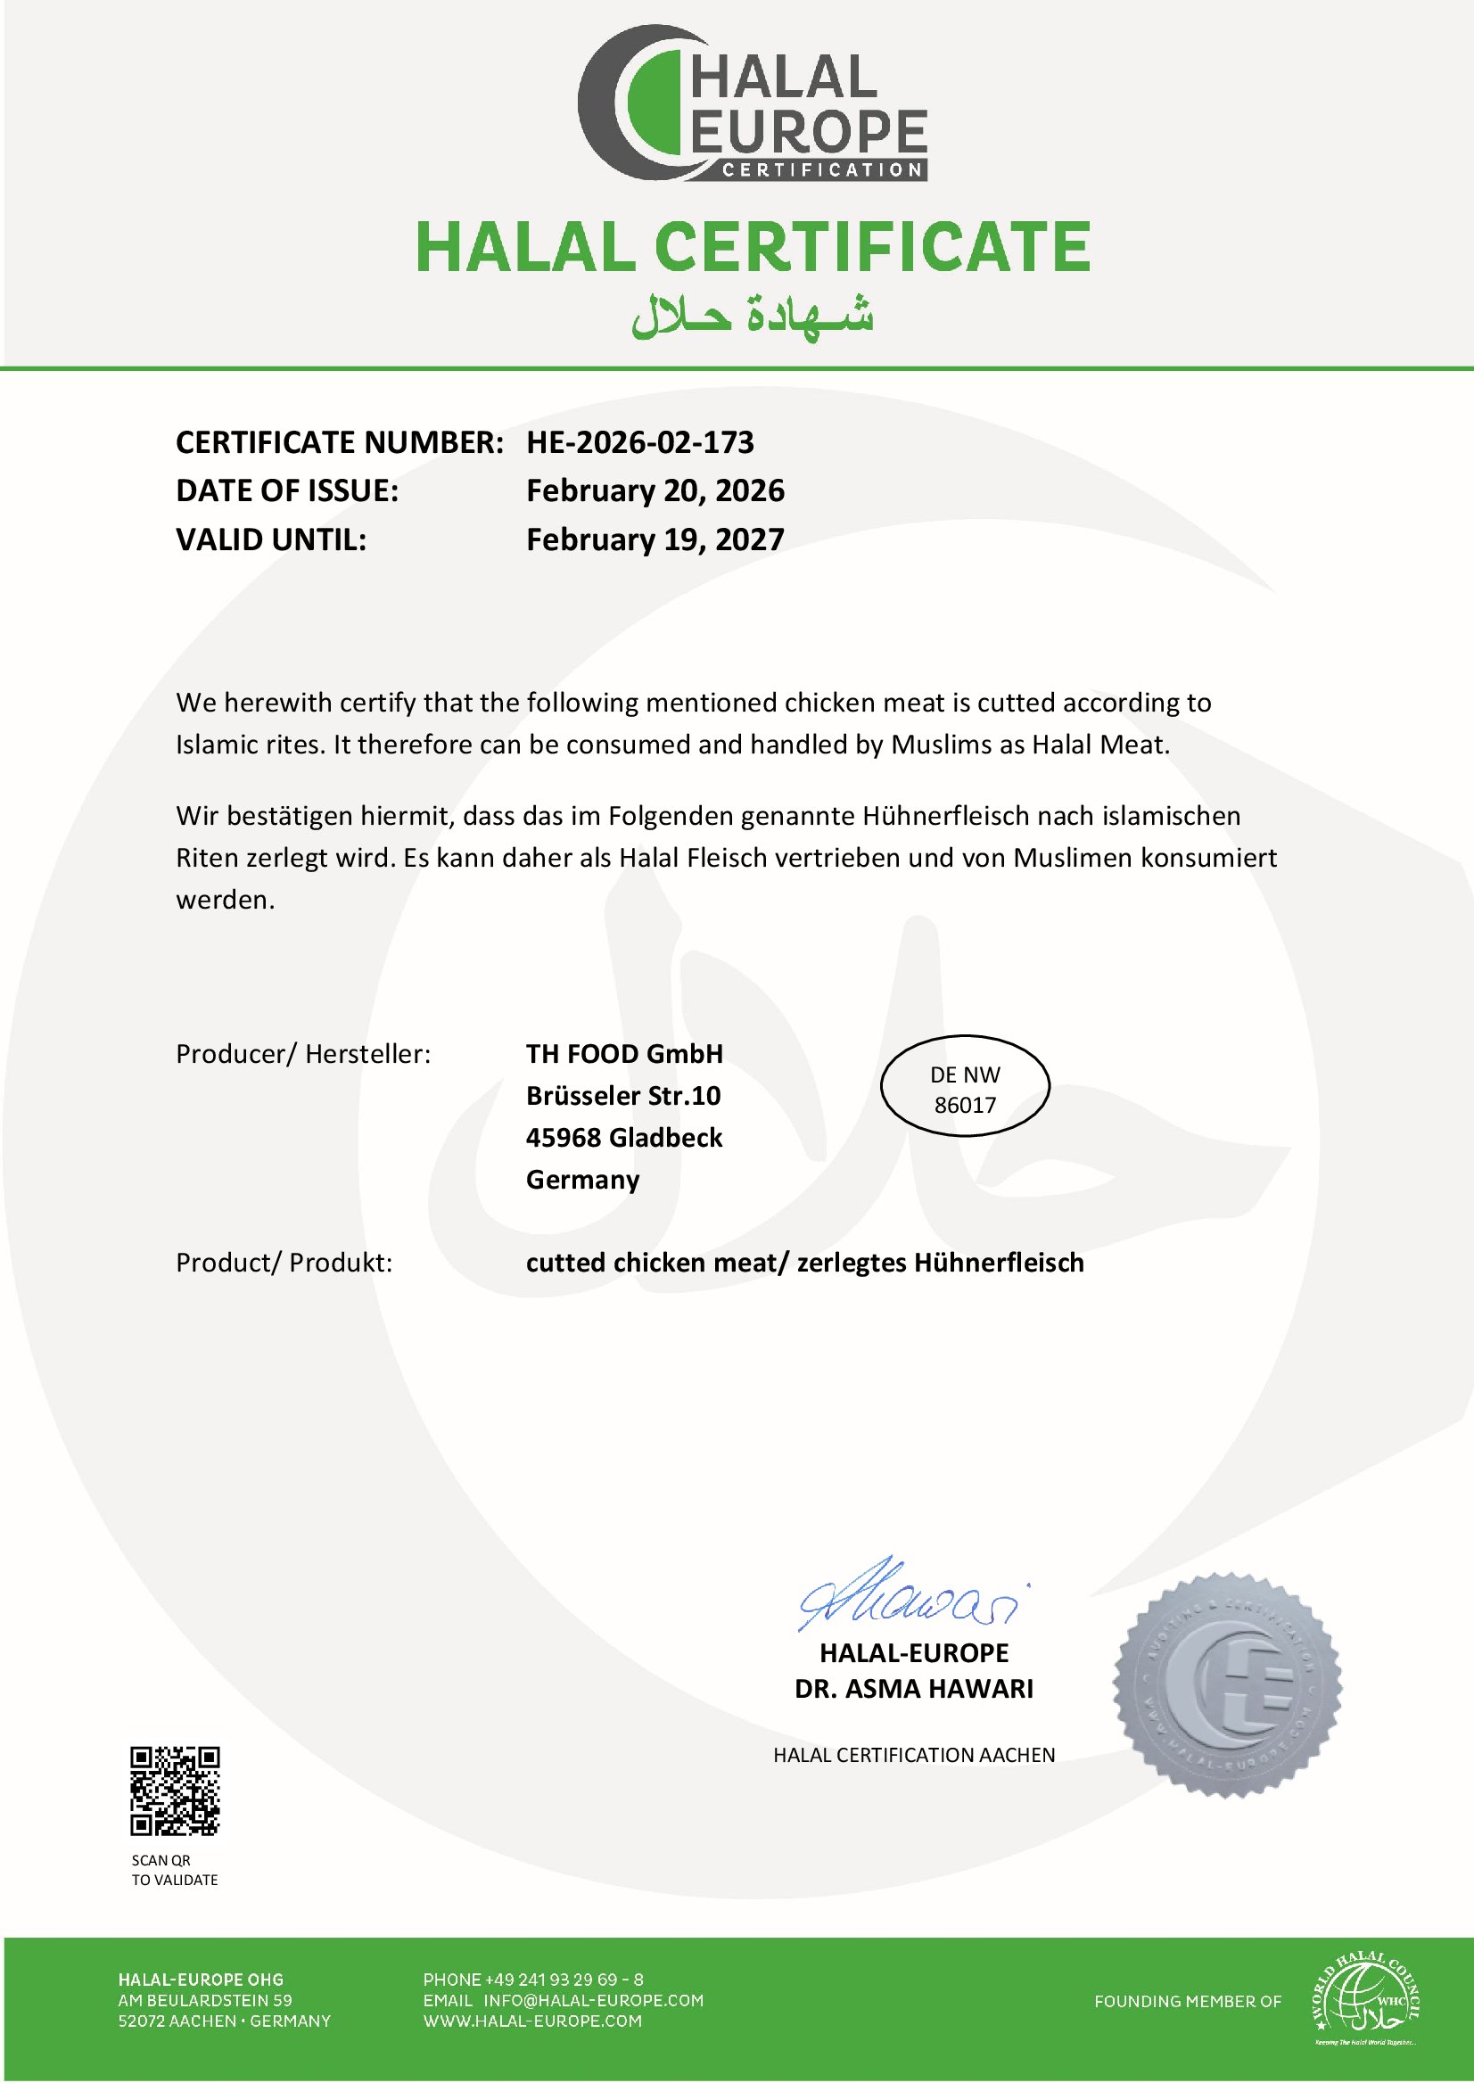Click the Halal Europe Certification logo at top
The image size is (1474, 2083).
[753, 103]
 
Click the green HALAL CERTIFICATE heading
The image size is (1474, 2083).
[753, 248]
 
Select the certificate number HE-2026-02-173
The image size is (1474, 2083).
[640, 443]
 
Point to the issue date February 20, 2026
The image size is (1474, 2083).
[655, 491]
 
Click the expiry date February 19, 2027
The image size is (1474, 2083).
[655, 540]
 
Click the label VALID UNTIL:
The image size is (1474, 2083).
[270, 540]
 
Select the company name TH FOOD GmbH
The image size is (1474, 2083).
[624, 1054]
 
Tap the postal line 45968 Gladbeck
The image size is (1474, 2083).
[624, 1137]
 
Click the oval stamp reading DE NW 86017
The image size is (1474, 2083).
[965, 1086]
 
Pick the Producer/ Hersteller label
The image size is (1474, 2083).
[303, 1054]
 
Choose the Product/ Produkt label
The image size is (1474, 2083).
[284, 1263]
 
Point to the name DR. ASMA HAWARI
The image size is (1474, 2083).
[914, 1688]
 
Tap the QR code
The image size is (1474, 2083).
[175, 1791]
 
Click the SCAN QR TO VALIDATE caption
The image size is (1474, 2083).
[174, 1870]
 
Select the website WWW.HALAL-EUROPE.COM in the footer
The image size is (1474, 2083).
[531, 2021]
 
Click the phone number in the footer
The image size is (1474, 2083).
[532, 1980]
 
